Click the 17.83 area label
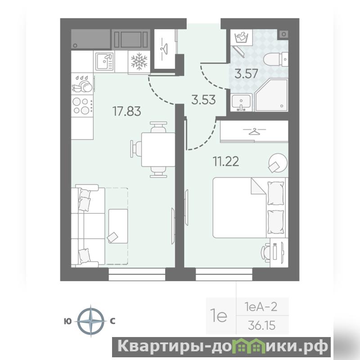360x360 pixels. click(126, 111)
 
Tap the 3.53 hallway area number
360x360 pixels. click(203, 100)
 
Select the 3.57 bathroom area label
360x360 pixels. click(246, 74)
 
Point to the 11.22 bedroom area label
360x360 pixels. click(226, 161)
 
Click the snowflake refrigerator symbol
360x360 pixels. click(139, 61)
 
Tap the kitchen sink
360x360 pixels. click(104, 62)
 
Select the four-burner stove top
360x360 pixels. click(82, 106)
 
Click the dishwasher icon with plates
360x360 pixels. click(82, 84)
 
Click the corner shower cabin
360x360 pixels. click(271, 95)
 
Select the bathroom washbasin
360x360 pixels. click(241, 103)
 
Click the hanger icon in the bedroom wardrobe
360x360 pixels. click(254, 131)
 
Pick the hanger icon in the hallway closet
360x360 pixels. click(165, 49)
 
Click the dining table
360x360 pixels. click(158, 149)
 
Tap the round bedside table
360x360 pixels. click(278, 163)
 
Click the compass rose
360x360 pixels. click(91, 321)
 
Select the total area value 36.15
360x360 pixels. click(262, 325)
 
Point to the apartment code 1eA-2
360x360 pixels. click(261, 307)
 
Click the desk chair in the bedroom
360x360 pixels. click(266, 252)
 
